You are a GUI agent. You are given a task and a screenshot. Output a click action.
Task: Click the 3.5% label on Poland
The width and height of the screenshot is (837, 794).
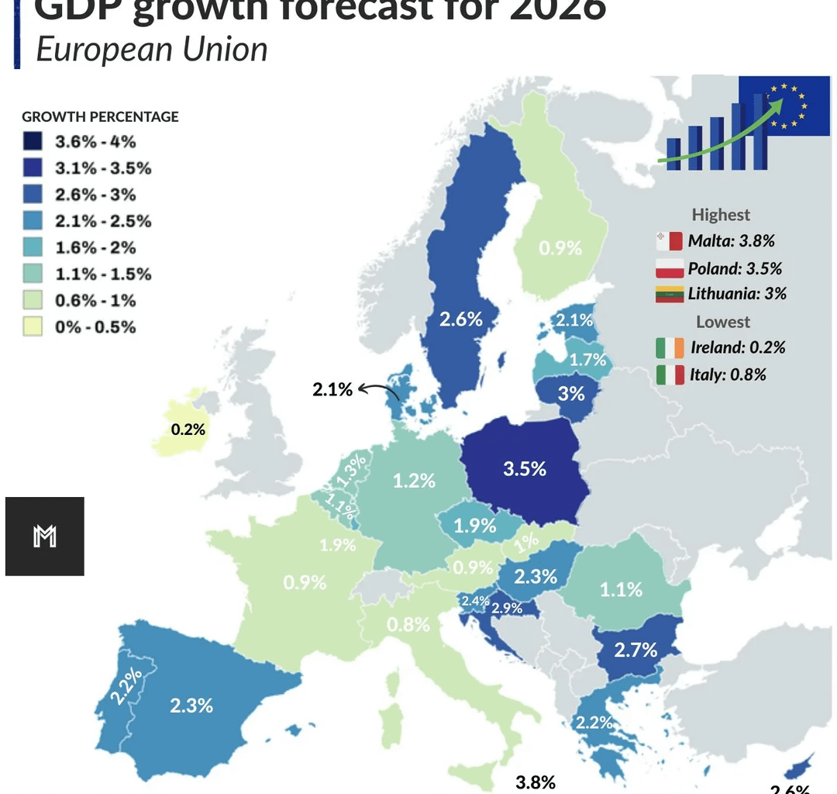[x=525, y=469]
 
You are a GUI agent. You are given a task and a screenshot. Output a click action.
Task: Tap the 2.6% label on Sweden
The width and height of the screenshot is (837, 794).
[x=461, y=319]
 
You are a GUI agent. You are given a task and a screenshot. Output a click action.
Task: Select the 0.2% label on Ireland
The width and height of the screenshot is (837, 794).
[x=188, y=429]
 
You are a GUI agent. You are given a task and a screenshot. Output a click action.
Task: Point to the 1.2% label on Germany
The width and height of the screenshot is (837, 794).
[x=414, y=481]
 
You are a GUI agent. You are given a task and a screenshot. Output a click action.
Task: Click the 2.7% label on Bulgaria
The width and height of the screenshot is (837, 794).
[x=635, y=649]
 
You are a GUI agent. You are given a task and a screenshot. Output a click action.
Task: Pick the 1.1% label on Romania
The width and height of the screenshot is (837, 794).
[x=621, y=589]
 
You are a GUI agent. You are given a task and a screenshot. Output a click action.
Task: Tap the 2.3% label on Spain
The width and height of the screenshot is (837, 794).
[x=191, y=705]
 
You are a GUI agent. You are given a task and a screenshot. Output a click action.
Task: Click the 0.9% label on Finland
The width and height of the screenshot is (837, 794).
[x=560, y=248]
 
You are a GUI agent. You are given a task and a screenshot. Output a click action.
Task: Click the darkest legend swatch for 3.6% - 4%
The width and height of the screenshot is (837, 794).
[x=33, y=142]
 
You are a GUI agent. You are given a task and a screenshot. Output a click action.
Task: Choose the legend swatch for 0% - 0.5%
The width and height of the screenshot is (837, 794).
[x=33, y=326]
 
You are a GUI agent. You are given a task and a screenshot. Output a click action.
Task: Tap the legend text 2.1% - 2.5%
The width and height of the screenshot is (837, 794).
[x=103, y=221]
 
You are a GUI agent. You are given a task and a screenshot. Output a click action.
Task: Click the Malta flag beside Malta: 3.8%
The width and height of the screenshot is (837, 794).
[x=668, y=240]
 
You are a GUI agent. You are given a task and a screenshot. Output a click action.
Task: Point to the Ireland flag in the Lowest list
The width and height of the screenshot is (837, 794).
[x=669, y=347]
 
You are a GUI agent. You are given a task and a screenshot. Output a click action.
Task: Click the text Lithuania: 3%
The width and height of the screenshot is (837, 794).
[x=736, y=294]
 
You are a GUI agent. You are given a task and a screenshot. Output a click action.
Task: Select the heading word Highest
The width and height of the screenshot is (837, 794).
[x=721, y=215]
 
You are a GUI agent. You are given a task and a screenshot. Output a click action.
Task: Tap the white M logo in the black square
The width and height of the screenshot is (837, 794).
[x=45, y=536]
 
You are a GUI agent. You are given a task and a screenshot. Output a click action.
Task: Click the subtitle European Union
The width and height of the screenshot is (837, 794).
[x=152, y=49]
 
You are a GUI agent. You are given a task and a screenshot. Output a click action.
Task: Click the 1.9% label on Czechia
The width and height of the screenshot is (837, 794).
[x=474, y=525]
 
